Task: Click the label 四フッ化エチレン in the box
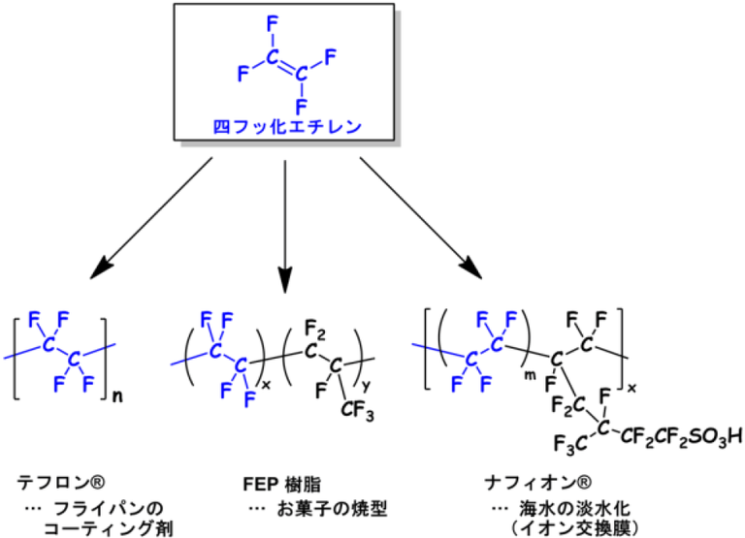(x=284, y=126)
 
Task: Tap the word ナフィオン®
(x=529, y=481)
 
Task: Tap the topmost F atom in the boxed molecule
(x=270, y=17)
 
